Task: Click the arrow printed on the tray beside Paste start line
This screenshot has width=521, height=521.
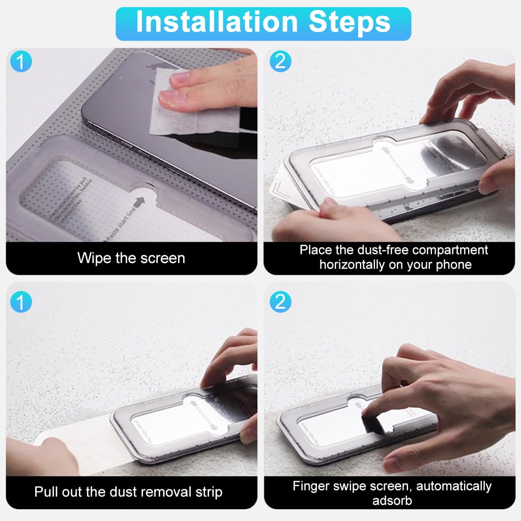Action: click(139, 201)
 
